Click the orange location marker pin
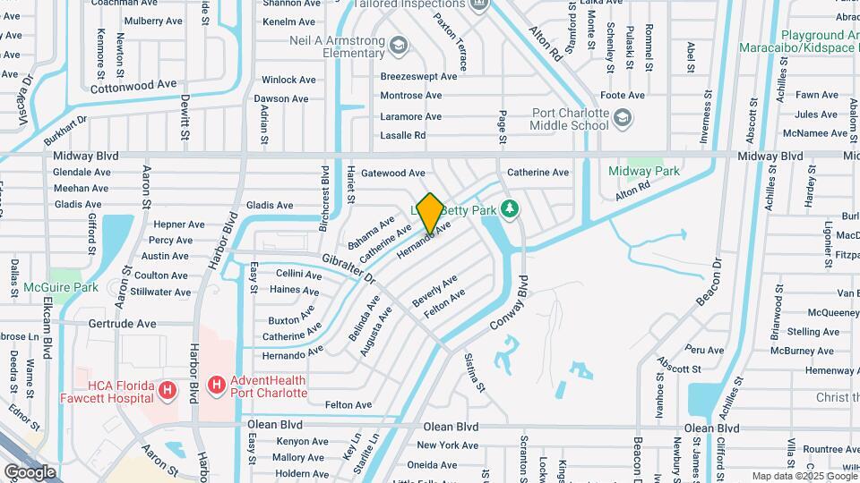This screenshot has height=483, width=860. [430, 213]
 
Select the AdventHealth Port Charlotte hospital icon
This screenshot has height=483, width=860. [216, 386]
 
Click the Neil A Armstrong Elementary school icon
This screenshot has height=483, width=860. [398, 45]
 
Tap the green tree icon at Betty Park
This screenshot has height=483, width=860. [510, 208]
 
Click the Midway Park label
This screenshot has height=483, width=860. [643, 171]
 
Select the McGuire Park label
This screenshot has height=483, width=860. [73, 287]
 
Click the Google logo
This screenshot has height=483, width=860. [30, 471]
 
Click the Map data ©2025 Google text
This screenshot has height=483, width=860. [804, 476]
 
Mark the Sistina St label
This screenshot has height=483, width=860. [474, 372]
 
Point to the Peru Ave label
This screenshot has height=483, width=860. [709, 350]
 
